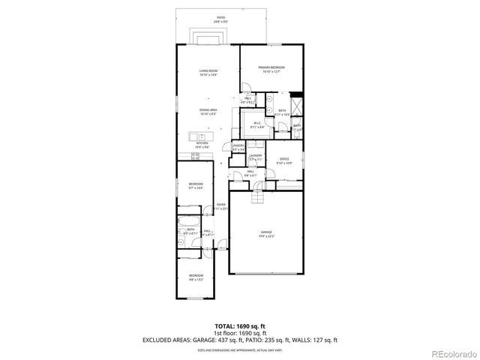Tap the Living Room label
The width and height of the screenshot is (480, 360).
(208, 73)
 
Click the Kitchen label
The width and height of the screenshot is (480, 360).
(202, 145)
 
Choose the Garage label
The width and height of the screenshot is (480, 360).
(266, 234)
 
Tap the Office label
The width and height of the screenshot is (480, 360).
(284, 160)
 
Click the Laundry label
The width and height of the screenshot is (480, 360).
(255, 157)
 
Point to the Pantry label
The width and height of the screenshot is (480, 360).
(238, 148)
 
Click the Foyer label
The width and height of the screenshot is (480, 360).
(221, 206)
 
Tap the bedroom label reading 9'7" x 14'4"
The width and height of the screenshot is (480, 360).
(195, 186)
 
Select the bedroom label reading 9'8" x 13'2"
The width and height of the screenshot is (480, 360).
(195, 277)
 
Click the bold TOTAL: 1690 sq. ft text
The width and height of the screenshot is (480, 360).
(240, 327)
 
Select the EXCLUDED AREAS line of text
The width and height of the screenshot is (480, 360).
(240, 340)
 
